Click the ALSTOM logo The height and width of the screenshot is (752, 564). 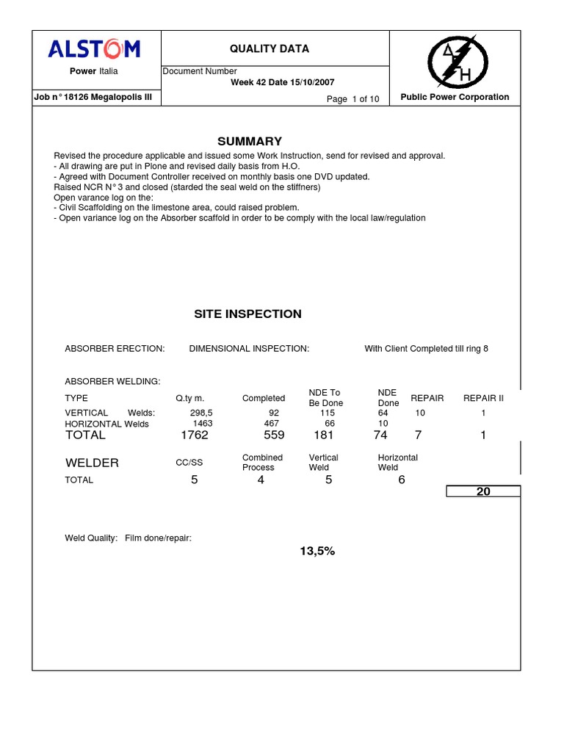point(93,49)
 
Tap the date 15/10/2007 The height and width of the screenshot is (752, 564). point(311,82)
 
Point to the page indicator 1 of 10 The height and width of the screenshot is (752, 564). point(353,100)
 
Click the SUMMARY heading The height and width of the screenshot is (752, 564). point(249,141)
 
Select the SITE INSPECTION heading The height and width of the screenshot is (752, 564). point(247,314)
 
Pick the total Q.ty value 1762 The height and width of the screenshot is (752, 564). point(195,435)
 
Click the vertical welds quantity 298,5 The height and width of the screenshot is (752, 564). point(201,413)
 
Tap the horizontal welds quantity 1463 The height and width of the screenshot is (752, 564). point(203,424)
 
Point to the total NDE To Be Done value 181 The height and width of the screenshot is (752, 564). point(323,435)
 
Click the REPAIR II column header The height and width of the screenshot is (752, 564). point(483,398)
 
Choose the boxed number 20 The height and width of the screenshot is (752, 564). point(483,491)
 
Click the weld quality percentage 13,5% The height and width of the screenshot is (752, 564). point(317,551)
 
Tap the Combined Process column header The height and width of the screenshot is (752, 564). point(262,463)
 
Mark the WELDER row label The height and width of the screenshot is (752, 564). point(92,463)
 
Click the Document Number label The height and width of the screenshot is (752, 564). point(199,71)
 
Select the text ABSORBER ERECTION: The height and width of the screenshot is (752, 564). point(115,349)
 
